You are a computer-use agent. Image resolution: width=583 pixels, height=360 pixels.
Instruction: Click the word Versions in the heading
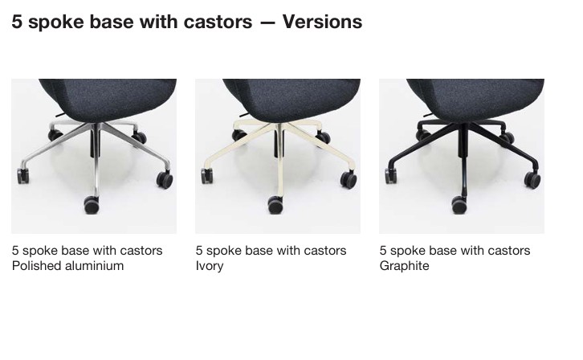click(x=322, y=22)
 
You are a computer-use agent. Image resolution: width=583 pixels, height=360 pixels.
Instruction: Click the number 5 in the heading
click(x=17, y=22)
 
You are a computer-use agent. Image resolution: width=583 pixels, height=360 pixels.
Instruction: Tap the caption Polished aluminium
click(x=67, y=266)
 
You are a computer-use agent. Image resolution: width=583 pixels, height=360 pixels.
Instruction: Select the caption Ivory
click(x=210, y=267)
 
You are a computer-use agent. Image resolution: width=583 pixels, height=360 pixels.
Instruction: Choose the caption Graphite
click(x=404, y=266)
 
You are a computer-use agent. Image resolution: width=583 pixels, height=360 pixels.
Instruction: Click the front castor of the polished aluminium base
click(x=92, y=205)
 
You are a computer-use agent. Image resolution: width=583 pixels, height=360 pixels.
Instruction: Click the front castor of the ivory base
click(x=275, y=205)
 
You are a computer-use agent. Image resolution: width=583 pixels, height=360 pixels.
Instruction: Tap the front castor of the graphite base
click(x=459, y=205)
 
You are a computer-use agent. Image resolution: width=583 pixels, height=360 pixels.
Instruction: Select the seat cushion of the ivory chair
click(x=291, y=100)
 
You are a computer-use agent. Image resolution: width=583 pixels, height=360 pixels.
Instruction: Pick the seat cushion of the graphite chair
click(x=475, y=100)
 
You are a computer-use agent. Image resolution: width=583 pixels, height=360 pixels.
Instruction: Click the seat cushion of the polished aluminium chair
click(x=108, y=100)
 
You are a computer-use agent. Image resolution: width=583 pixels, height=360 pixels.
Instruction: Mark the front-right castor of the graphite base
click(x=532, y=180)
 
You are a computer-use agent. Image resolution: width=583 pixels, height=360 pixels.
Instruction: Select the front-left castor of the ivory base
click(x=206, y=176)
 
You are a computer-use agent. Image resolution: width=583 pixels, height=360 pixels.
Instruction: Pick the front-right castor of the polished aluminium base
click(x=165, y=180)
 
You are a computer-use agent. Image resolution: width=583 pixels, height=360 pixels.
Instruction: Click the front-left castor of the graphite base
click(x=391, y=176)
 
